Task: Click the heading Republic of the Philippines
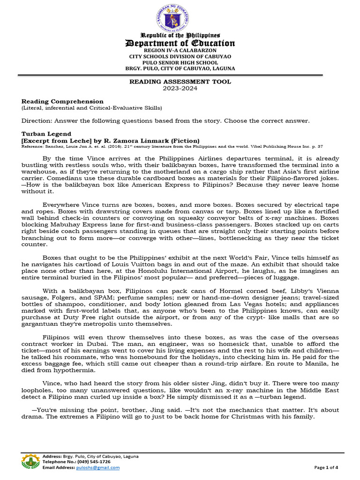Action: tap(180, 36)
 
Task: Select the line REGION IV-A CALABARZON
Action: tap(180, 50)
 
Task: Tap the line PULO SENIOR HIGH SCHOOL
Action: tap(180, 62)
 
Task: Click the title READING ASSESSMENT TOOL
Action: tap(180, 82)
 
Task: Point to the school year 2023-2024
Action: tap(180, 88)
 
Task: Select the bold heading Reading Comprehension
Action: tap(62, 101)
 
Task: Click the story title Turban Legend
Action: tap(46, 134)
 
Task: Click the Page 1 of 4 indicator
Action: tap(326, 467)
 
